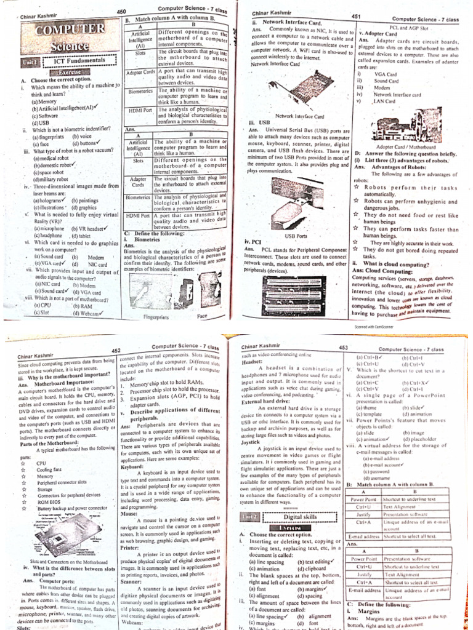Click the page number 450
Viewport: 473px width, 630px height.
pos(121,12)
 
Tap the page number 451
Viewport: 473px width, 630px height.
pos(356,17)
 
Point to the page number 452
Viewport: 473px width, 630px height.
pos(116,350)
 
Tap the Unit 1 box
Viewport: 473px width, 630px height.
pos(30,62)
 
